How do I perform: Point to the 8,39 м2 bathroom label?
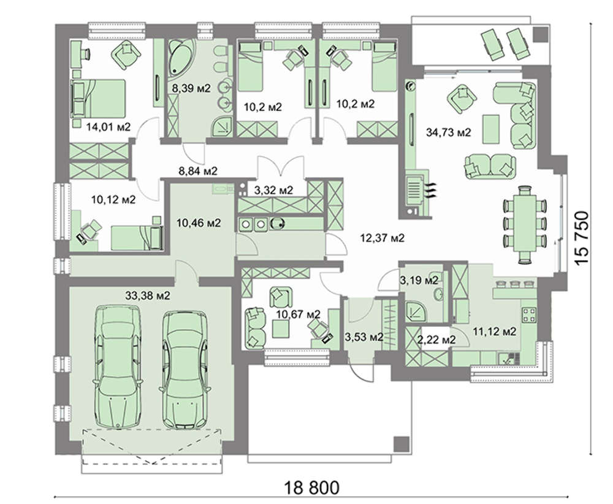191,88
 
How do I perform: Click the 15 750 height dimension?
582,239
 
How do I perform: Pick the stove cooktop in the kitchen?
529,315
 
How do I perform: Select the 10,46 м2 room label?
198,222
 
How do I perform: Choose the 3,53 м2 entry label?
364,337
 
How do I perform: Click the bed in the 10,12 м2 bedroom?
136,237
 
